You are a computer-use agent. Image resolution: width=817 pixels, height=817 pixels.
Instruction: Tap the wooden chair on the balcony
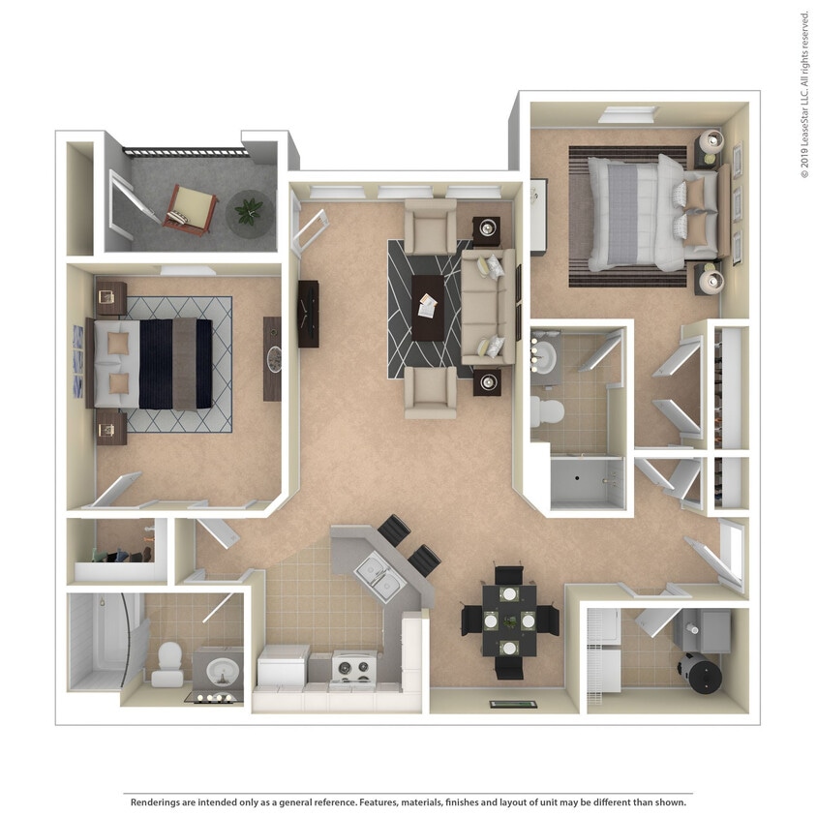(x=192, y=208)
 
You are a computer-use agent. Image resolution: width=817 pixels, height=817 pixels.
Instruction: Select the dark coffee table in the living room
(x=428, y=307)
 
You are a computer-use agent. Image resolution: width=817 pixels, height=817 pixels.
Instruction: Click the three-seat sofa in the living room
(x=487, y=306)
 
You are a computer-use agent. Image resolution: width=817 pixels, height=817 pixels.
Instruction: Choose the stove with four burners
(x=355, y=667)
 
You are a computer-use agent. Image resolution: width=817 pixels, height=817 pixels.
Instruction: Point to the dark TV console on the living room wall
(x=309, y=313)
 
